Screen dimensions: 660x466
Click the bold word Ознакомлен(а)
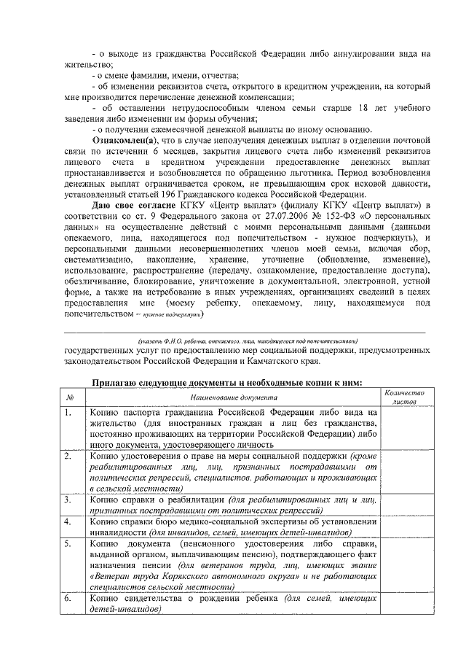tap(122, 139)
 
